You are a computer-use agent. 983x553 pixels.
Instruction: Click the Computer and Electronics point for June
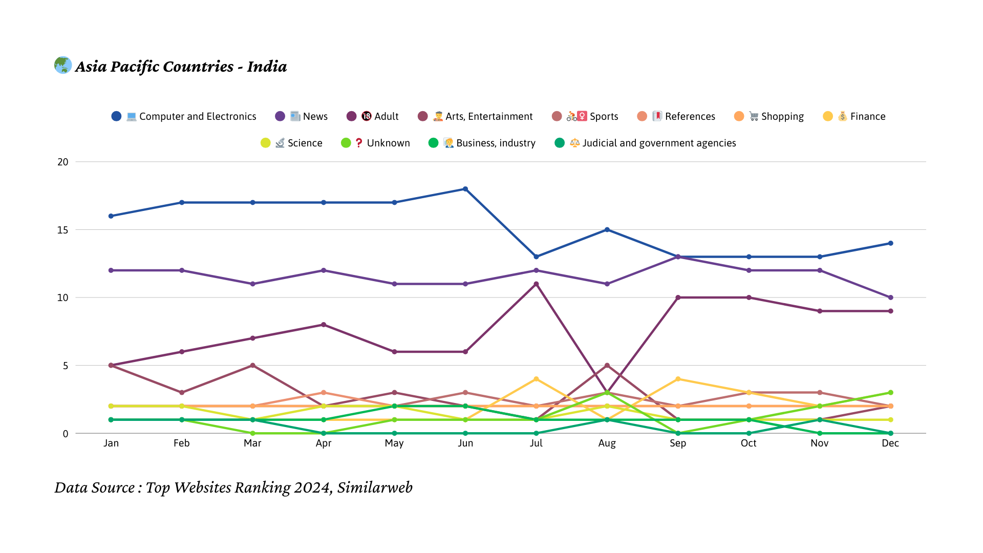pyautogui.click(x=465, y=189)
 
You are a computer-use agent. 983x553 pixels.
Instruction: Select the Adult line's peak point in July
pyautogui.click(x=536, y=284)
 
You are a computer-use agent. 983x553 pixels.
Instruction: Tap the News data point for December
pyautogui.click(x=890, y=297)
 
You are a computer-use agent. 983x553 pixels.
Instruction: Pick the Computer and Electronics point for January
pyautogui.click(x=111, y=216)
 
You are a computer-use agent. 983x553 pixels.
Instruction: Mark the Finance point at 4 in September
pyautogui.click(x=678, y=379)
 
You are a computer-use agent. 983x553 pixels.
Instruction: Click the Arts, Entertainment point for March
pyautogui.click(x=252, y=366)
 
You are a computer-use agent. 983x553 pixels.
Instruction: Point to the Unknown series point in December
pyautogui.click(x=890, y=393)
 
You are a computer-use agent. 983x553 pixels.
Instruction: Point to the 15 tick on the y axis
pyautogui.click(x=62, y=230)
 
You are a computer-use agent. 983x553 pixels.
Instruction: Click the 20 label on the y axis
pyautogui.click(x=62, y=162)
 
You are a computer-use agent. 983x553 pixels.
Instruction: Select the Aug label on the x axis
pyautogui.click(x=607, y=443)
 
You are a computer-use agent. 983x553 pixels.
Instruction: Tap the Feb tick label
pyautogui.click(x=182, y=443)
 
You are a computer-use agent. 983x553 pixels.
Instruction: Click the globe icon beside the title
pyautogui.click(x=63, y=65)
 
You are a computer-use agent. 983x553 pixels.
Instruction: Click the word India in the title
pyautogui.click(x=267, y=67)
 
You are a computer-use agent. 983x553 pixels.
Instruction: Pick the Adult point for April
pyautogui.click(x=324, y=325)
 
